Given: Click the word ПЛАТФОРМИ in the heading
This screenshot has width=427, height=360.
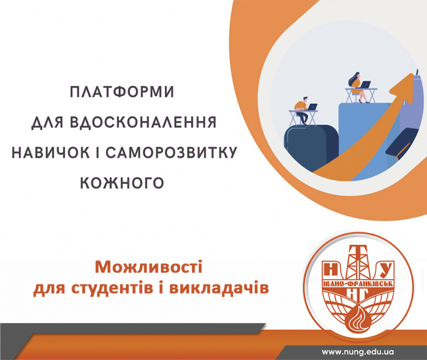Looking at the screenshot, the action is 122,92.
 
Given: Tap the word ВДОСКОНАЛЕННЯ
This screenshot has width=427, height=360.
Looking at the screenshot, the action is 143,122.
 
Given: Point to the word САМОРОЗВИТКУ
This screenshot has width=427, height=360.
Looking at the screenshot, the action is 171,152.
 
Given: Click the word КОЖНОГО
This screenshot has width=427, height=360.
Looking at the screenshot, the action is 122,183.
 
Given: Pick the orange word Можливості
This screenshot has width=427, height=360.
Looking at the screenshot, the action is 148,267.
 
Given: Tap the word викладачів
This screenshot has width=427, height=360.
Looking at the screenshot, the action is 219,288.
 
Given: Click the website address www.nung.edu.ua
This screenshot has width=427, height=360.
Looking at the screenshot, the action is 358,352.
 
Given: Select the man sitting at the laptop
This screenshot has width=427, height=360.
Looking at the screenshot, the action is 302,110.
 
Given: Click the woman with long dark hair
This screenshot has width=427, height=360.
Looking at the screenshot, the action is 359,87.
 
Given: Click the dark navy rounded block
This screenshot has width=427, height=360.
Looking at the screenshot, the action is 311,147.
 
